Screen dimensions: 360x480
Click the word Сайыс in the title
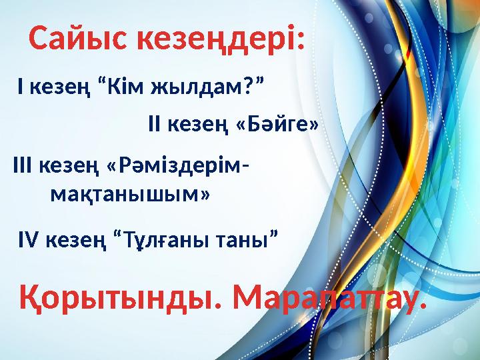click(79, 39)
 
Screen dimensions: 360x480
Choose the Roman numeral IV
click(28, 238)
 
